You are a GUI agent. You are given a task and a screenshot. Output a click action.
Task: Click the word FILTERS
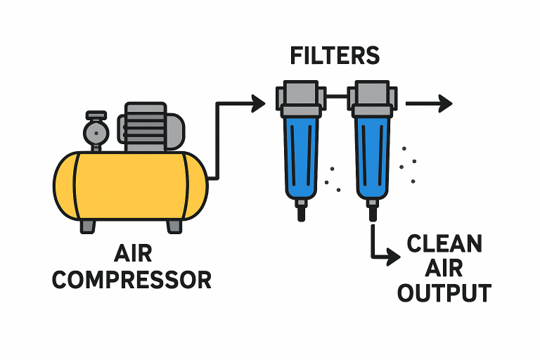tap(335, 56)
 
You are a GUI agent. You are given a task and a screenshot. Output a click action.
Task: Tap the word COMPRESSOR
tap(131, 279)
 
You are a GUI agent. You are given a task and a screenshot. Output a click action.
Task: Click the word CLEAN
tap(444, 245)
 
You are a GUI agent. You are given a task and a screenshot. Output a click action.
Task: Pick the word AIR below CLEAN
tap(444, 269)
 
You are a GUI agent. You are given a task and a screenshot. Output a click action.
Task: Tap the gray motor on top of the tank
tap(149, 127)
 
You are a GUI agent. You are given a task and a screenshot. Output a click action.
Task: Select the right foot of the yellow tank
tap(173, 226)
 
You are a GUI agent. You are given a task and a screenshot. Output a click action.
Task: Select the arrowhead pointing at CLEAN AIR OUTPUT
tap(396, 257)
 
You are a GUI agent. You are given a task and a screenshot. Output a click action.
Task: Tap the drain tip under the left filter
tap(302, 209)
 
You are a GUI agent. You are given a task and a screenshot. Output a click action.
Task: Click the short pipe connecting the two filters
tap(337, 96)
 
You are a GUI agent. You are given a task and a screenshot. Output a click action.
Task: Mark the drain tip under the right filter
tap(372, 209)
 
